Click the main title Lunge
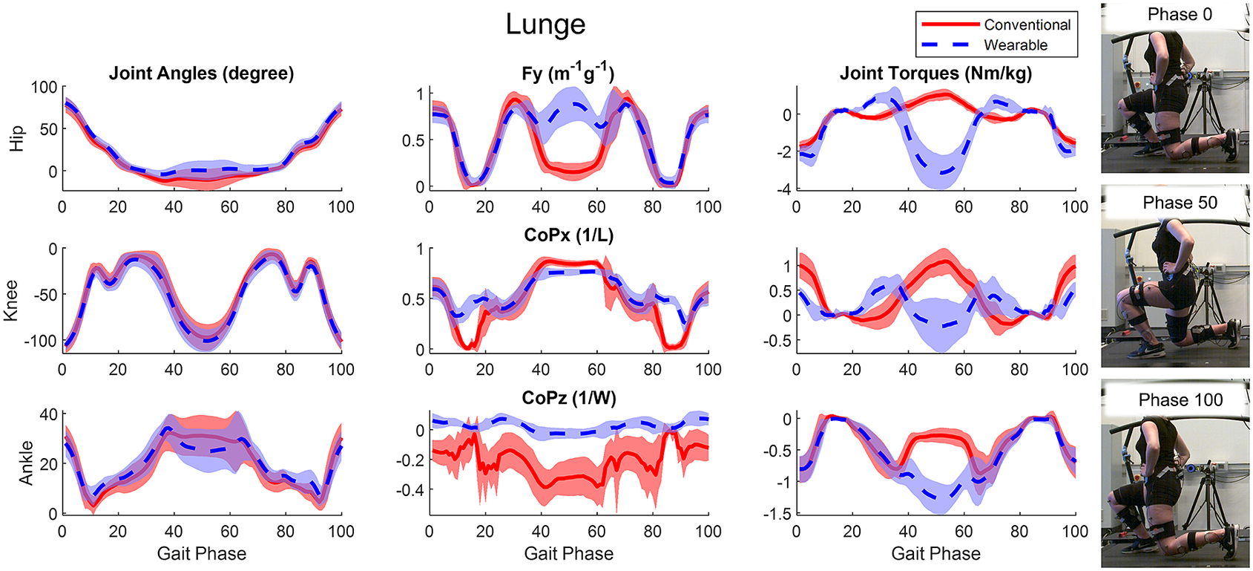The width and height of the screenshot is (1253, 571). tap(545, 25)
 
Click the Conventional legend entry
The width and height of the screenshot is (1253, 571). tap(1026, 25)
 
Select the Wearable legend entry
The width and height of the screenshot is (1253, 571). tap(1015, 45)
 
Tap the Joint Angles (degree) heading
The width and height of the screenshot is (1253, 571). tap(201, 74)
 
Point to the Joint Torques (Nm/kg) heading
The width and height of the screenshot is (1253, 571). tap(935, 74)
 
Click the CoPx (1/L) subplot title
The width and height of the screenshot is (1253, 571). tap(568, 235)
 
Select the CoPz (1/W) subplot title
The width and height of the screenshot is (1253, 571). tap(568, 398)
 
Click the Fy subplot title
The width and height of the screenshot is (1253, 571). tap(568, 74)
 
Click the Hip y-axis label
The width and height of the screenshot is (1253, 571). tap(17, 138)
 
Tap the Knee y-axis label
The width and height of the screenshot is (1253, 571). tap(11, 301)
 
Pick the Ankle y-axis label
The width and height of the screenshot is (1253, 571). tap(27, 463)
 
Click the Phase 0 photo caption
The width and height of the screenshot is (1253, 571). tap(1180, 15)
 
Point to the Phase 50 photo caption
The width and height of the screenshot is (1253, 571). tap(1180, 203)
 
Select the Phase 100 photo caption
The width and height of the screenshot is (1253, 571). tap(1180, 400)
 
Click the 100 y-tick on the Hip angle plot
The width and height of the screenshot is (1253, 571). tap(44, 88)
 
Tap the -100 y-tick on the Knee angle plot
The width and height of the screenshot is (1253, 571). tap(40, 342)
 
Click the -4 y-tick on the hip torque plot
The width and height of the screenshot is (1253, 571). tap(783, 189)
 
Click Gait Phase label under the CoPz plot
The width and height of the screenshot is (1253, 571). tap(568, 554)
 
